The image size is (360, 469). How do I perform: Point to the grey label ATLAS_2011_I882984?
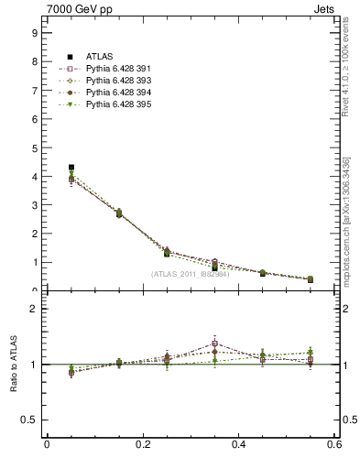tap(190, 273)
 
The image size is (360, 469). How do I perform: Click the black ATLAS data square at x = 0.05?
tap(71, 168)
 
